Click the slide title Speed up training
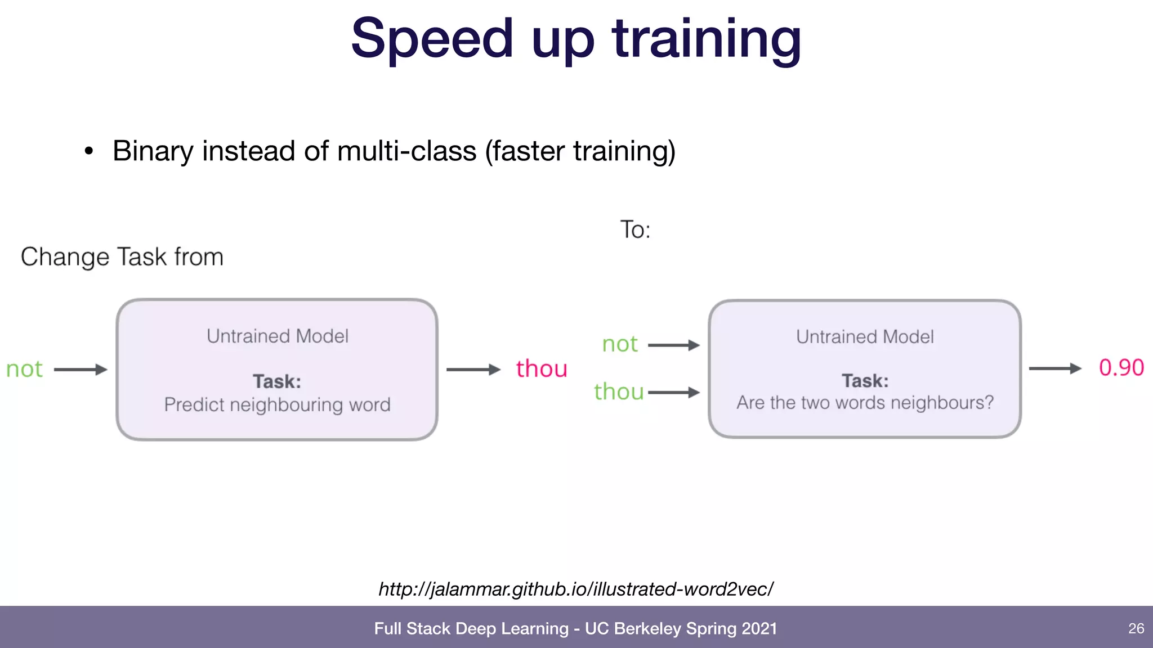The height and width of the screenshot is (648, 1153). pyautogui.click(x=576, y=39)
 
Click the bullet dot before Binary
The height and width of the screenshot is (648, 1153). pyautogui.click(x=88, y=151)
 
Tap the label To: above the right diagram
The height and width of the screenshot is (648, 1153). pyautogui.click(x=635, y=230)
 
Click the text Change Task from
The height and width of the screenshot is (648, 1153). pyautogui.click(x=122, y=257)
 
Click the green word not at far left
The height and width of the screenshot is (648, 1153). pyautogui.click(x=24, y=370)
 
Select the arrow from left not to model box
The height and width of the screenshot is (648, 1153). pyautogui.click(x=81, y=370)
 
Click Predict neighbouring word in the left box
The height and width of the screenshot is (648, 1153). pyautogui.click(x=277, y=405)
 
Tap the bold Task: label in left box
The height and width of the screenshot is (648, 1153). pyautogui.click(x=277, y=381)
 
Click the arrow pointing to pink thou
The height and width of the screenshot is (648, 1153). pyautogui.click(x=473, y=370)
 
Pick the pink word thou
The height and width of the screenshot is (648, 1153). pyautogui.click(x=542, y=369)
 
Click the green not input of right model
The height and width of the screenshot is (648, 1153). pyautogui.click(x=620, y=344)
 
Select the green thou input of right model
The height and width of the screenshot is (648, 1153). pyautogui.click(x=619, y=392)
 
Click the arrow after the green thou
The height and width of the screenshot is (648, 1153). pyautogui.click(x=674, y=393)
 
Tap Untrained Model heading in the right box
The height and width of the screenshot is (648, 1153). pyautogui.click(x=865, y=337)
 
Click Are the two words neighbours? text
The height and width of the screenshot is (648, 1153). pyautogui.click(x=865, y=403)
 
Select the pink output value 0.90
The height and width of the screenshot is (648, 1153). pyautogui.click(x=1121, y=368)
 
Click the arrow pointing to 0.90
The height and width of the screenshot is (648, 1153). pyautogui.click(x=1055, y=368)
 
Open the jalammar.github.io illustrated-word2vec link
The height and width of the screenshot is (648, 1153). pyautogui.click(x=576, y=589)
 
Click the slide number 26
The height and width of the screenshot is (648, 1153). pyautogui.click(x=1136, y=628)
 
